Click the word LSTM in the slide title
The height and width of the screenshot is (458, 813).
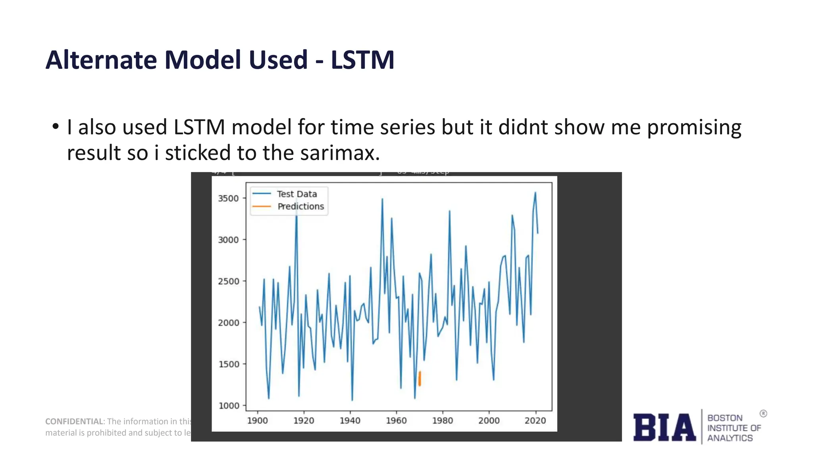point(362,60)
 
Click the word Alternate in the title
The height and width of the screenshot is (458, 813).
point(101,60)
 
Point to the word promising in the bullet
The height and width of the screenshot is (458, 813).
point(694,128)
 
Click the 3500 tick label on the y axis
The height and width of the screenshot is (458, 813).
point(228,198)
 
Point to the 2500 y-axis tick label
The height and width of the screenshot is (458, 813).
point(228,281)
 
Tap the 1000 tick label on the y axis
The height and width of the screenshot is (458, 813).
point(229,406)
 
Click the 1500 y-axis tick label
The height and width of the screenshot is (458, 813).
point(229,364)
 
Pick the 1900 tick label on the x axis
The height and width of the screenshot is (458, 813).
point(258,421)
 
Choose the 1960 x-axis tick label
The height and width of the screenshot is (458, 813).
point(396,421)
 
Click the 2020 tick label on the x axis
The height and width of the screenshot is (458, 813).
point(535,421)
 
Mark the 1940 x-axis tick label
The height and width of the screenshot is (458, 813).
point(350,421)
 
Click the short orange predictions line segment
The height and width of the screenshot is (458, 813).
point(420,378)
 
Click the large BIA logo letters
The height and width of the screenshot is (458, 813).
point(664,428)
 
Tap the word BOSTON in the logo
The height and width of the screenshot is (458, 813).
point(725,418)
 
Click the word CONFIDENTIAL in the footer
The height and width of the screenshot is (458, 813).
point(74,421)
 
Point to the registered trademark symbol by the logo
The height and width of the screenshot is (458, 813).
point(763,413)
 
